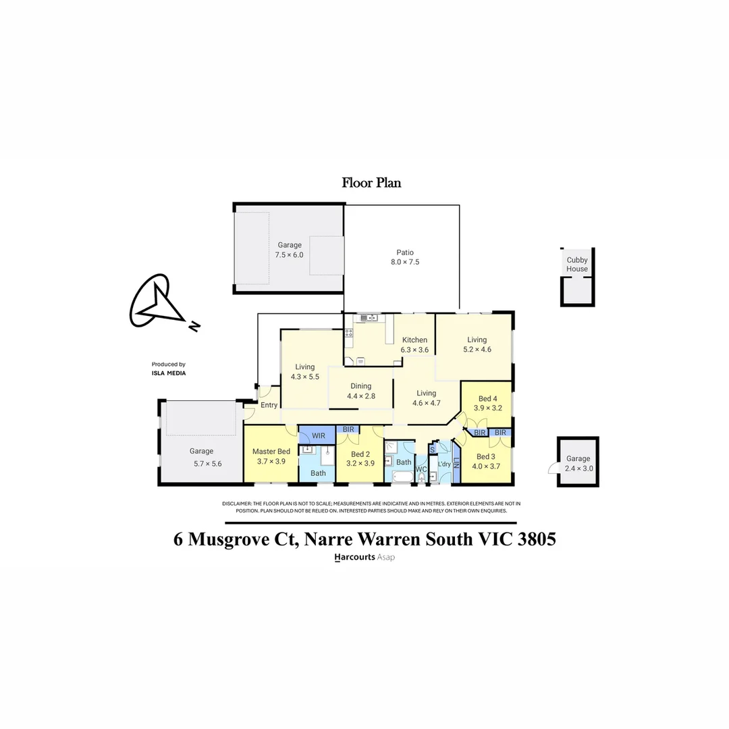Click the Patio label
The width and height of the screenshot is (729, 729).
click(x=404, y=252)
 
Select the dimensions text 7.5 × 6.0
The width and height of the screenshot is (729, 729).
click(x=289, y=255)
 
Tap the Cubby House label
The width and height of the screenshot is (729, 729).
click(x=576, y=264)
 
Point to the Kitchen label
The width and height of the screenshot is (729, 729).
click(x=414, y=340)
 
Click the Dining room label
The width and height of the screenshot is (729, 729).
click(x=360, y=386)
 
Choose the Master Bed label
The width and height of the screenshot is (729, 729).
click(x=271, y=452)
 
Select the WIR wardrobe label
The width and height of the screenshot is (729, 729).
click(x=319, y=435)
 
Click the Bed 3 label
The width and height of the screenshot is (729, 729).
click(x=486, y=457)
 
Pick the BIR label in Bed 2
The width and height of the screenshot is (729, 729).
click(x=349, y=429)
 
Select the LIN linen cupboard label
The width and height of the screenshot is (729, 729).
click(x=456, y=464)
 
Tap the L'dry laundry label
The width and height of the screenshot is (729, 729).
click(x=444, y=464)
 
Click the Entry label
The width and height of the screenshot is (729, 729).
click(x=269, y=405)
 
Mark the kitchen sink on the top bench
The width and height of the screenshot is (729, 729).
click(x=369, y=318)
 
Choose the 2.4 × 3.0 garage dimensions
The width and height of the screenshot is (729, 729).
click(x=578, y=468)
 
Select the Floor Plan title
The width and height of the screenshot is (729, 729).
click(x=371, y=182)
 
